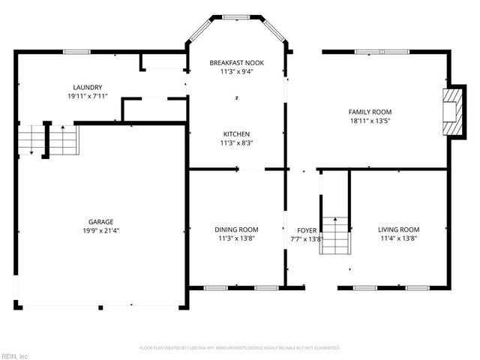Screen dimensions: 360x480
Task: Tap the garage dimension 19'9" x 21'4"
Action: pyautogui.click(x=100, y=231)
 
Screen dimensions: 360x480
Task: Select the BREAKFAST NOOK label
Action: pyautogui.click(x=236, y=63)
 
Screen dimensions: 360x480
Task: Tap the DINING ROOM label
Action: pyautogui.click(x=236, y=229)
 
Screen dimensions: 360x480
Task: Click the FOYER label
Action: pyautogui.click(x=306, y=230)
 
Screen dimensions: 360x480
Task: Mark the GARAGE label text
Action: pyautogui.click(x=100, y=222)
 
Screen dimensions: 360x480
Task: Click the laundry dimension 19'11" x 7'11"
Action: pyautogui.click(x=88, y=97)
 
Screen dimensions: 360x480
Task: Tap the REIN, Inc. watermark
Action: pyautogui.click(x=15, y=355)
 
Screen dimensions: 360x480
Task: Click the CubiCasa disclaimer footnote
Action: pyautogui.click(x=240, y=348)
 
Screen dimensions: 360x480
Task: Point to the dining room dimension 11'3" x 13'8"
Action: pyautogui.click(x=236, y=238)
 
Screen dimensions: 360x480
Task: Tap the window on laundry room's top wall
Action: pyautogui.click(x=76, y=51)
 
